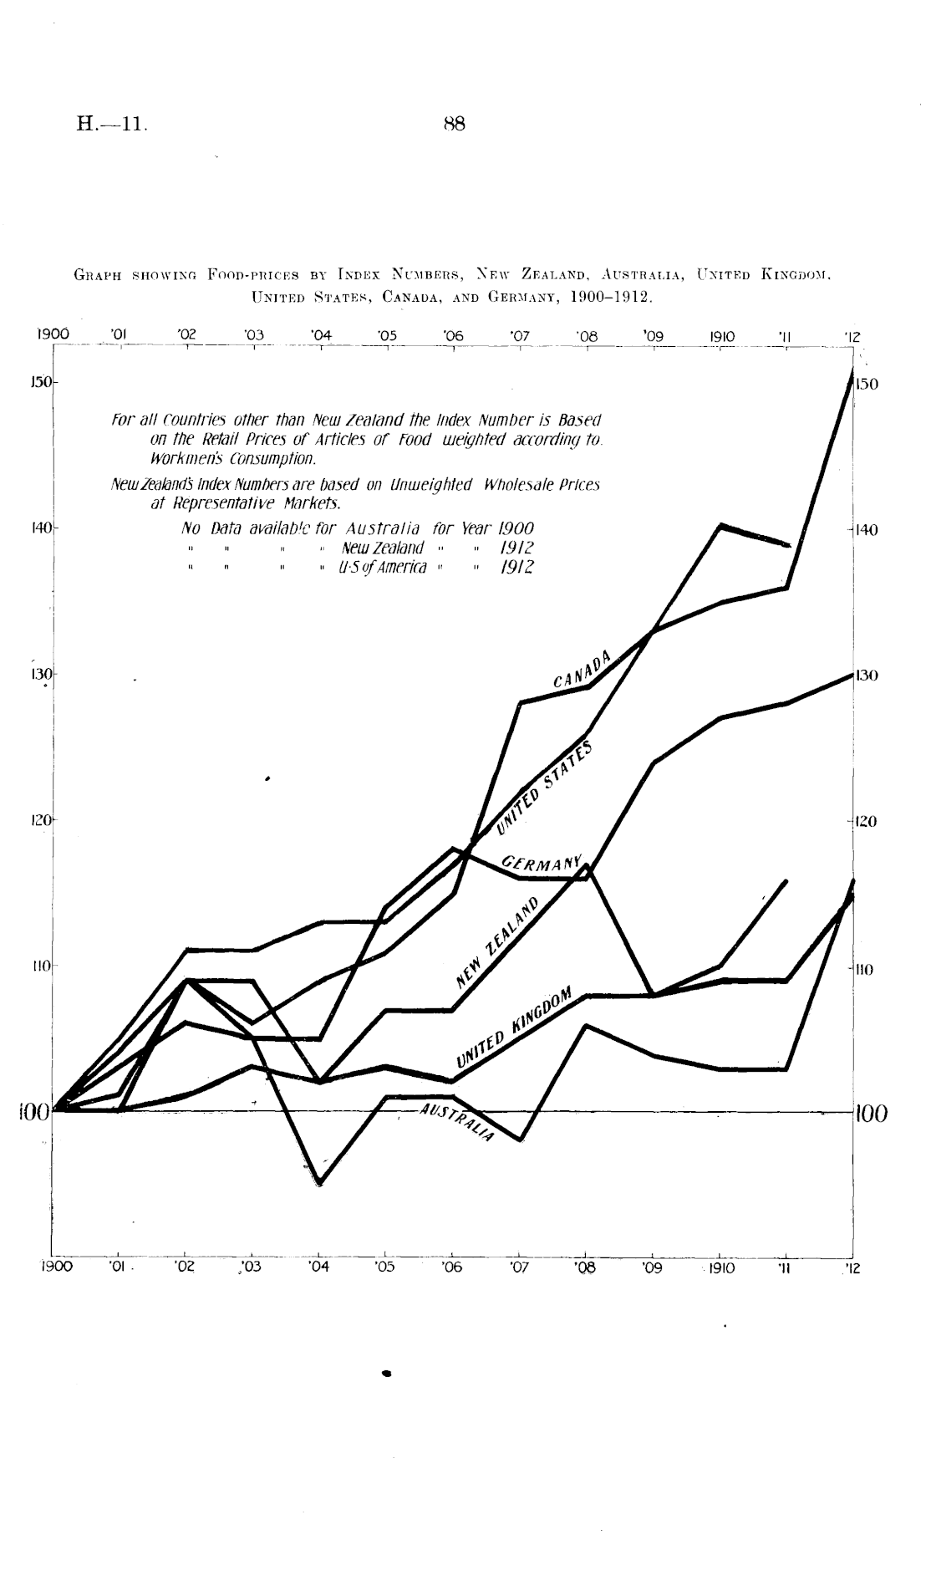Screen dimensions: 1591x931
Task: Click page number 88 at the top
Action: pyautogui.click(x=454, y=125)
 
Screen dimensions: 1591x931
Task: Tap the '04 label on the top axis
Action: pyautogui.click(x=320, y=336)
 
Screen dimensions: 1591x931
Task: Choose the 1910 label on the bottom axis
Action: pyautogui.click(x=720, y=1267)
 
